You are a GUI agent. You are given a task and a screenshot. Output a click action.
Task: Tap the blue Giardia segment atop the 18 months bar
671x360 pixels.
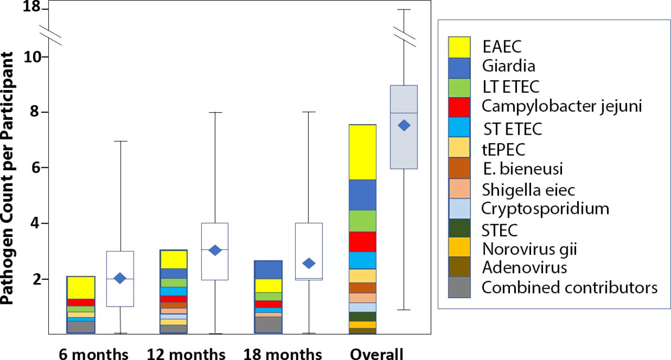tap(268, 269)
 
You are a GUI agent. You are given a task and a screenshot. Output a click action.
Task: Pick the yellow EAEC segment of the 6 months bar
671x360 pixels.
tap(81, 287)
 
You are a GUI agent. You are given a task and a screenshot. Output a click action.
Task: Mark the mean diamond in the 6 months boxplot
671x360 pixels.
tap(120, 278)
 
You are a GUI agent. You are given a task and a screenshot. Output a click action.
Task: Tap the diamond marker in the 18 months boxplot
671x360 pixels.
tap(309, 263)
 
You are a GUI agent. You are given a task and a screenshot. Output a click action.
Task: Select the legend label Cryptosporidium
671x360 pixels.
tap(545, 209)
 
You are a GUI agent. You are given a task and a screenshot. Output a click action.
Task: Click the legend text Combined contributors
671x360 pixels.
tap(569, 287)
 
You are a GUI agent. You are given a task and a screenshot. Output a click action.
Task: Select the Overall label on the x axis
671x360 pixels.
tap(377, 354)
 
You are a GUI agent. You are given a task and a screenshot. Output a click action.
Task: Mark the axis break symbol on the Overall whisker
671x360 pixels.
tap(404, 35)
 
